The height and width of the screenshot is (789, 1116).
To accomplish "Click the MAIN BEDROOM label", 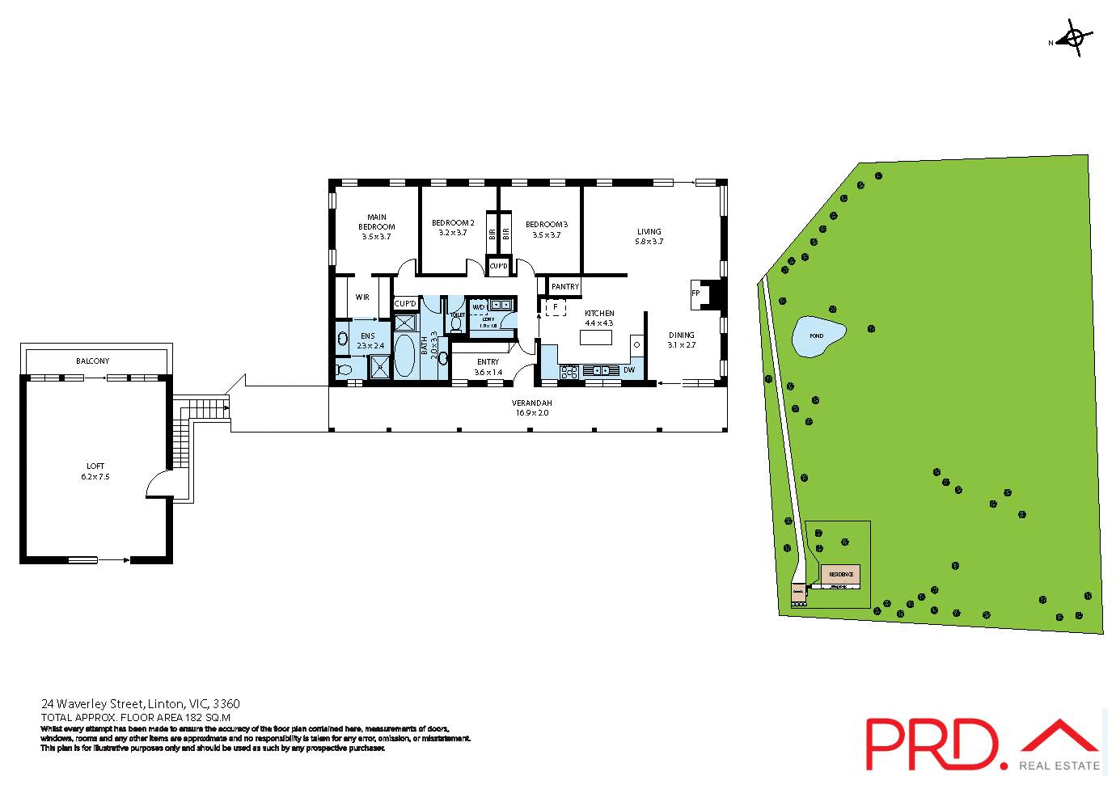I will (x=376, y=222).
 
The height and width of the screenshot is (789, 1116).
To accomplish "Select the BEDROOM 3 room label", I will (x=546, y=224).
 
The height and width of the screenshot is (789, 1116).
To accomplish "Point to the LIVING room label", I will (x=649, y=232).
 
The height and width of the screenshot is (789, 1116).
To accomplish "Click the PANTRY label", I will (x=564, y=287).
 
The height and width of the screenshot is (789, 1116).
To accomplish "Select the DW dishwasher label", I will (x=629, y=370).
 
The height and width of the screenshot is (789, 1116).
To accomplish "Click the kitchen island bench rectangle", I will (x=596, y=338).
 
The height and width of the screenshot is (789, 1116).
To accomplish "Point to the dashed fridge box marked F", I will (x=555, y=308).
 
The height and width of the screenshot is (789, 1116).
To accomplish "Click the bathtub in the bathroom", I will (x=403, y=356).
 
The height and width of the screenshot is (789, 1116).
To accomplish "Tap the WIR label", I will (x=362, y=297).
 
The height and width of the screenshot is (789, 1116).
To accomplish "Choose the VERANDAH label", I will (x=531, y=403).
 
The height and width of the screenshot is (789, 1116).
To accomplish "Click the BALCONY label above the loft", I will (x=92, y=361).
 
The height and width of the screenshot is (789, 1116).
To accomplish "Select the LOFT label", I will (x=95, y=466).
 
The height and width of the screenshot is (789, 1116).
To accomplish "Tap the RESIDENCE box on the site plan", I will (x=840, y=575).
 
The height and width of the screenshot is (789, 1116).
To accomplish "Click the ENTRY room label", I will (x=488, y=362).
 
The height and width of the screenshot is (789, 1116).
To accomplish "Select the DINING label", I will (x=681, y=335).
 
